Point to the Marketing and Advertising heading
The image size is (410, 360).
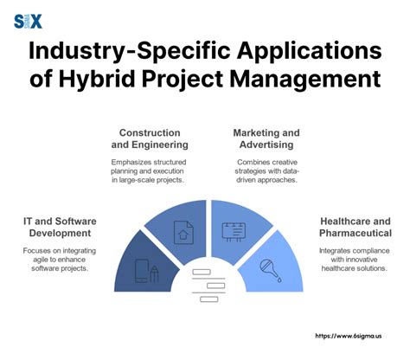[266, 138]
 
